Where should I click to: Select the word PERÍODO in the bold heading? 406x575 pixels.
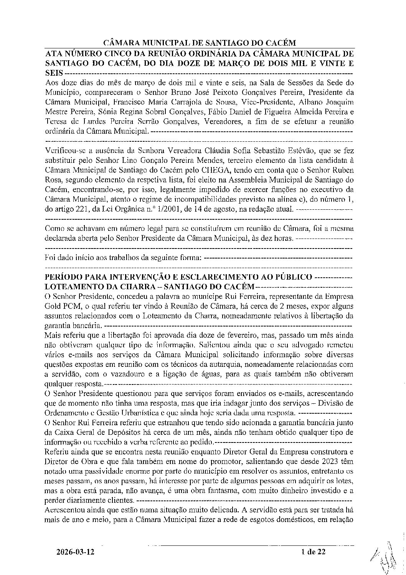pyautogui.click(x=63, y=277)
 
